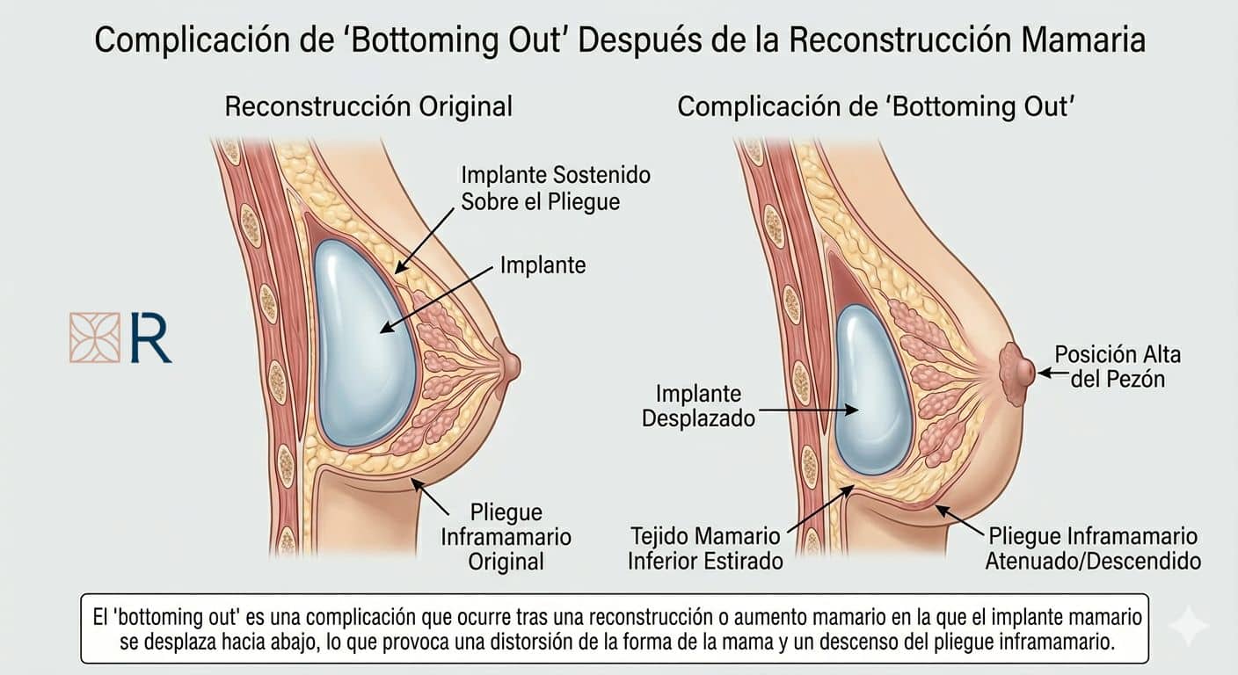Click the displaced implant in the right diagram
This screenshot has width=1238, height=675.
click(x=872, y=389)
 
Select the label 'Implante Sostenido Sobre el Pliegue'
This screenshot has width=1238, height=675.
click(x=556, y=188)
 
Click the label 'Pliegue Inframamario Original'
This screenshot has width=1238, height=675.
click(x=506, y=537)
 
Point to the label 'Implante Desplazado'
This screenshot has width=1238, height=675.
click(x=698, y=406)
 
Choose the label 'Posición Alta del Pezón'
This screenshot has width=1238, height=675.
click(x=1118, y=367)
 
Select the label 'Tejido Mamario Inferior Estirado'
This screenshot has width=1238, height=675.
click(x=705, y=548)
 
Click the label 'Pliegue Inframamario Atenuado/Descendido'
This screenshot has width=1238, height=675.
click(x=1093, y=548)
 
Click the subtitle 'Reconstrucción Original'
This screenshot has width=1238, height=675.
click(x=368, y=106)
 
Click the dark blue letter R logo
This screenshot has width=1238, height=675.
click(x=149, y=337)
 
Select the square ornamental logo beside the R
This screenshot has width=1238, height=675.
click(x=94, y=337)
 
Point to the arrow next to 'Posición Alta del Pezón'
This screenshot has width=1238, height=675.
click(x=1052, y=373)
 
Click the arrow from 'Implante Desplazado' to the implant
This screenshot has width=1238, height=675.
click(x=809, y=410)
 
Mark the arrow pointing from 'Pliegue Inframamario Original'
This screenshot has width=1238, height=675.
click(x=430, y=497)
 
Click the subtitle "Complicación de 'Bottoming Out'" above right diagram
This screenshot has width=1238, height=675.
click(x=876, y=106)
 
